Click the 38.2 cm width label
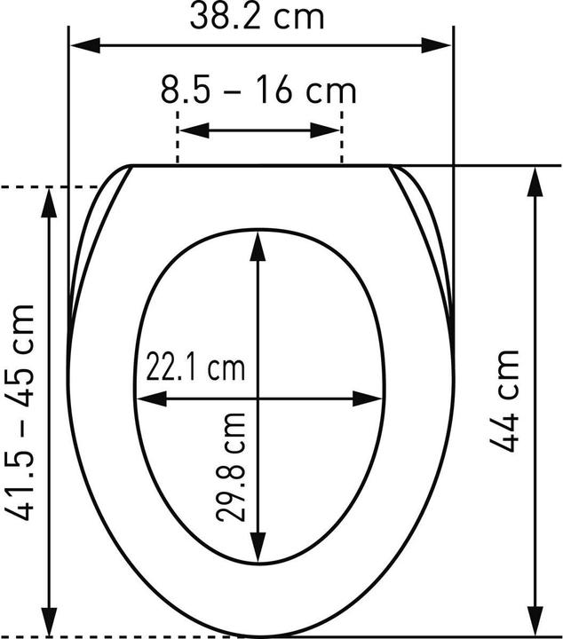pyautogui.click(x=257, y=17)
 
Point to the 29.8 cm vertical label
pyautogui.click(x=231, y=467)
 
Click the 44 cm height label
pyautogui.click(x=504, y=401)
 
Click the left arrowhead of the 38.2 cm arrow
pyautogui.click(x=85, y=45)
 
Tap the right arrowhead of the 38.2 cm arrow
pyautogui.click(x=437, y=45)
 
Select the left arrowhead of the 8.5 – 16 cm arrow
pyautogui.click(x=194, y=130)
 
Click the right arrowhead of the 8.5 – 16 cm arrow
pyautogui.click(x=325, y=130)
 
